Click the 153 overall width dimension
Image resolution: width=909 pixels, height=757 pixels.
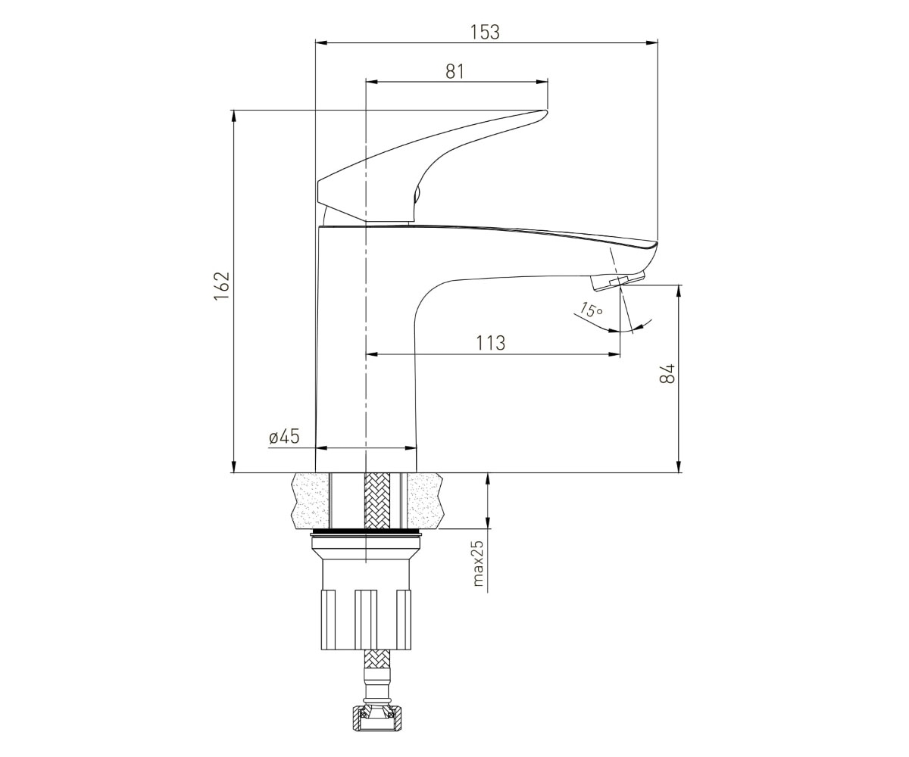click(486, 33)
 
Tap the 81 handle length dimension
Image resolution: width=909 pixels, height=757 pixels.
click(455, 71)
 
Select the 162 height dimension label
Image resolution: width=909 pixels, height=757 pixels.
click(222, 285)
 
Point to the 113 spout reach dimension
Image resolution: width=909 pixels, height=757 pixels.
click(490, 343)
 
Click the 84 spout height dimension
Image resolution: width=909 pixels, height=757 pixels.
click(667, 373)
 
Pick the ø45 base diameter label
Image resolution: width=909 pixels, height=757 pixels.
click(284, 436)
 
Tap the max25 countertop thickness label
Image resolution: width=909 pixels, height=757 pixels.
click(478, 563)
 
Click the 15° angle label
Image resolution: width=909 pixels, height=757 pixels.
click(591, 310)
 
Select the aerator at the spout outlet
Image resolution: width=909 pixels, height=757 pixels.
click(617, 281)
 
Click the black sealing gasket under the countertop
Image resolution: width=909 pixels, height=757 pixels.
click(367, 533)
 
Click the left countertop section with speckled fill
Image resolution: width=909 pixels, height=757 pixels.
click(309, 500)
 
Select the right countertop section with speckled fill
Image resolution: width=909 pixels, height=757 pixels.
click(425, 500)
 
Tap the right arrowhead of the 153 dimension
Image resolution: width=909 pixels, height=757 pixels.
click(652, 42)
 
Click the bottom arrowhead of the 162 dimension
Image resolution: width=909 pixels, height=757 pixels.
click(234, 466)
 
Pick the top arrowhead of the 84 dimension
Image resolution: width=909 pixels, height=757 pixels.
click(678, 291)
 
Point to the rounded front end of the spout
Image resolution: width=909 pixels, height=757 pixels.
click(651, 254)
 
